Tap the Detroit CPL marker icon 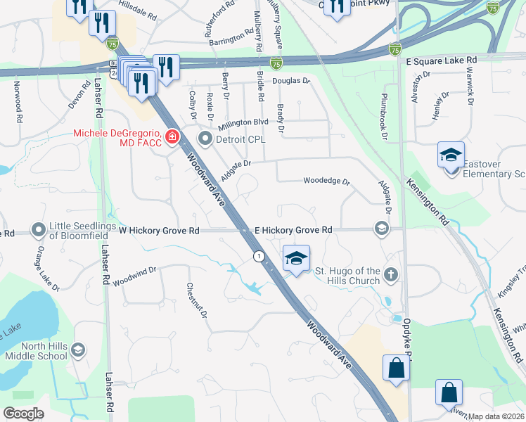coord(205,138)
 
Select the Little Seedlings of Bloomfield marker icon coord(38,231)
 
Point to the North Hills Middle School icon coord(79,350)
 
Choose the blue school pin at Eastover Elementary coord(450,155)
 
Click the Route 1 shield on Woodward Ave coord(260,256)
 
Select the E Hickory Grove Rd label coord(293,230)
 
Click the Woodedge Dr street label coord(326,181)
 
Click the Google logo coord(24,414)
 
